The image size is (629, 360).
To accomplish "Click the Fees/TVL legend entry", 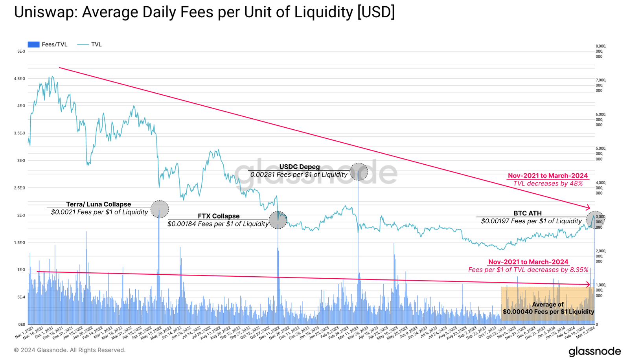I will [48, 44].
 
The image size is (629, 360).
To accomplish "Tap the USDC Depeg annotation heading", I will [299, 167].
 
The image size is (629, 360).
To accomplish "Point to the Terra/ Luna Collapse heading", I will [98, 204].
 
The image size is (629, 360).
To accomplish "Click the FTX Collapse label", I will [218, 216].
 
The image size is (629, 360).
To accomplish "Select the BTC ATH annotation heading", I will [528, 213].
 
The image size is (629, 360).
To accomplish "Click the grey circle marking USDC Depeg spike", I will [359, 172].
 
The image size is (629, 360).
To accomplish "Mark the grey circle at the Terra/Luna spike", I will [160, 209].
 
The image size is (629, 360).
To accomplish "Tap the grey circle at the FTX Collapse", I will [278, 220].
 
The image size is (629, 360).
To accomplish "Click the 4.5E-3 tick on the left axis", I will [20, 79].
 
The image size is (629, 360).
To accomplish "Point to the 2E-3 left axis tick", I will [21, 215].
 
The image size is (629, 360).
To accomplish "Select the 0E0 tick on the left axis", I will [21, 325].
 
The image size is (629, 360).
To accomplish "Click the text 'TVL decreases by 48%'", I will [548, 184].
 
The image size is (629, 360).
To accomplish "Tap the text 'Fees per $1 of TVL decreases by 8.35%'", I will [528, 270].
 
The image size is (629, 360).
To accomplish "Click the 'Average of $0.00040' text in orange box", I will [548, 308].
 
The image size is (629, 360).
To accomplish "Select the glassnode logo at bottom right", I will [594, 351].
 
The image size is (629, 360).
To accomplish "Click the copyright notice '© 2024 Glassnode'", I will [70, 350].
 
